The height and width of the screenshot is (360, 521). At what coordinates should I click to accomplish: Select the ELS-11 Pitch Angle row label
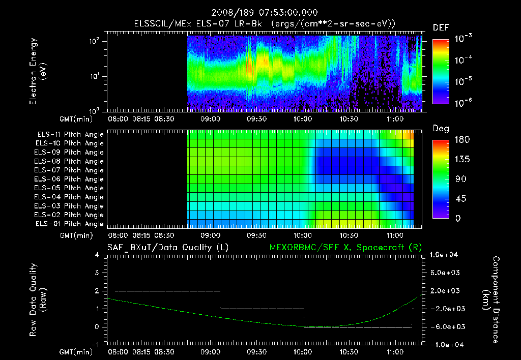(x=70, y=135)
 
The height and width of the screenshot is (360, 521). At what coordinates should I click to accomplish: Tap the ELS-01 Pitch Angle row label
(x=70, y=224)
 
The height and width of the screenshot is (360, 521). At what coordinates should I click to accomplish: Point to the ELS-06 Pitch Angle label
(x=70, y=179)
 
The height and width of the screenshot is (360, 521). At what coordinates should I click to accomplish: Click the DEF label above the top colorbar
(x=441, y=28)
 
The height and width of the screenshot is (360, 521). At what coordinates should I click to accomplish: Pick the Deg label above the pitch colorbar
(x=441, y=129)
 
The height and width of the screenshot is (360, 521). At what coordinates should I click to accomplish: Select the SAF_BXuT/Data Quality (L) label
(x=167, y=248)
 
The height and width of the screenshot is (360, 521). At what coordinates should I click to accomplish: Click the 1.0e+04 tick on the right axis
(x=445, y=255)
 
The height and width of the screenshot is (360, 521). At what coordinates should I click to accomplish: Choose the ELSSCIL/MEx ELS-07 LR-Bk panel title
(x=265, y=24)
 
